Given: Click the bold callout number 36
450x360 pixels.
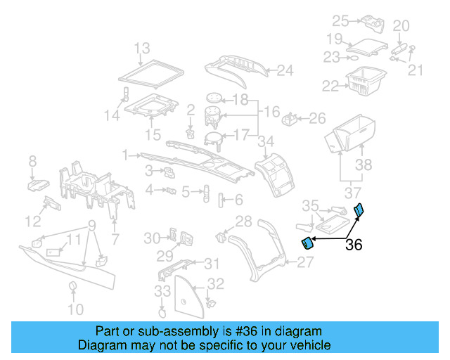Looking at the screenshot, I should (x=354, y=245).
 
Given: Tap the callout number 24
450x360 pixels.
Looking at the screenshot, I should (x=284, y=70).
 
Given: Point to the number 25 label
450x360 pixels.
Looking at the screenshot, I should (x=340, y=20).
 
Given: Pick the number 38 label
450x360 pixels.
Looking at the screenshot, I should (x=362, y=165).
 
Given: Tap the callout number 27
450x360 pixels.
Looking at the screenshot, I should (x=304, y=262).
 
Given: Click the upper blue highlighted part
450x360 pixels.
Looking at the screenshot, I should (x=359, y=209).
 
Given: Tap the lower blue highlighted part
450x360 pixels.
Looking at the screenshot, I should (x=307, y=243).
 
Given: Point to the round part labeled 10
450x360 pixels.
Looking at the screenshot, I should (x=72, y=286).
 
